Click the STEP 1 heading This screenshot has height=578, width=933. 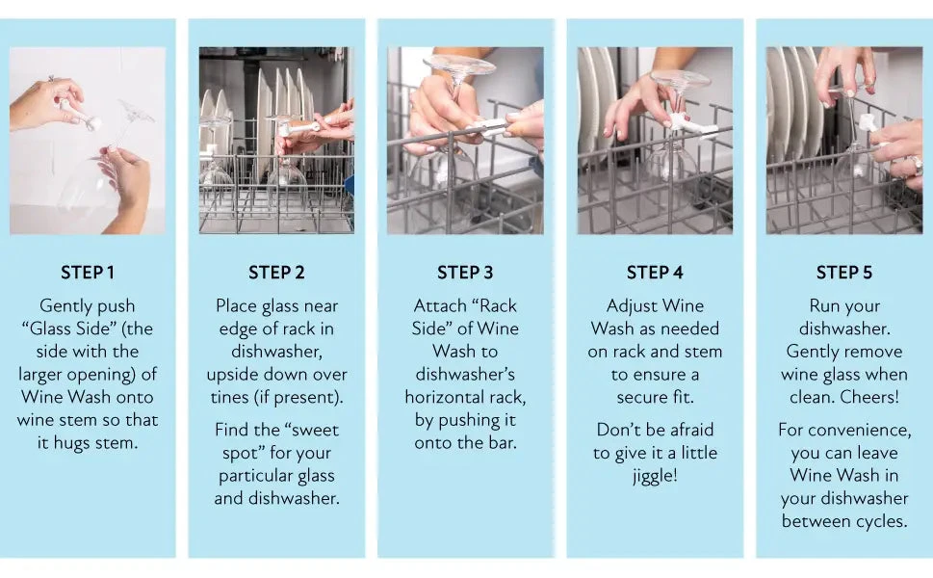[x=88, y=273]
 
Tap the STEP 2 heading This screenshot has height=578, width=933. [x=276, y=273]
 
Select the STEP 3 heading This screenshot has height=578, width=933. [x=466, y=273]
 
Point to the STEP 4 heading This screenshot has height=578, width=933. [x=655, y=273]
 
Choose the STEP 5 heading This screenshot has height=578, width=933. [x=844, y=273]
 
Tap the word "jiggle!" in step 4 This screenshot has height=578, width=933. [x=655, y=476]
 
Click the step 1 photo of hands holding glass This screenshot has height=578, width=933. [x=88, y=141]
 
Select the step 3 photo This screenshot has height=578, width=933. [x=466, y=141]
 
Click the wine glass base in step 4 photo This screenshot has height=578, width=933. [x=680, y=78]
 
